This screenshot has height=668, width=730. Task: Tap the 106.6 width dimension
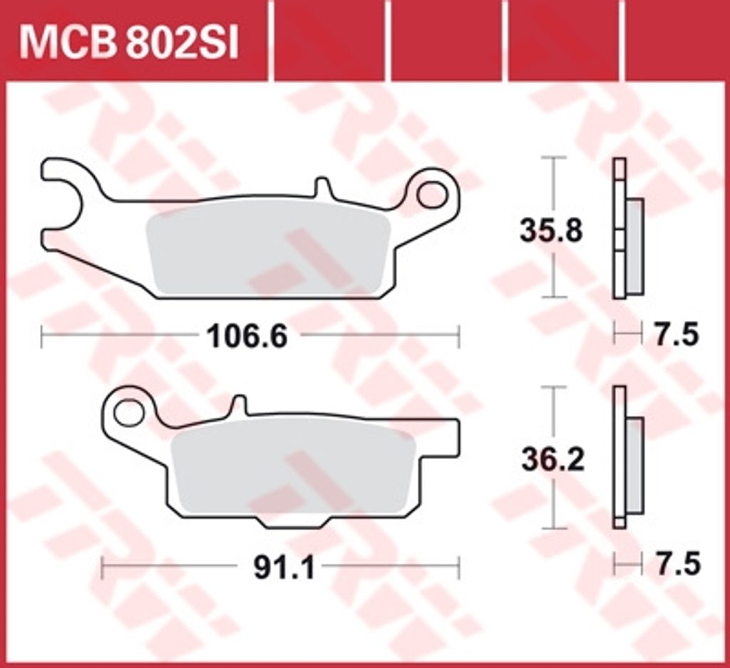247,336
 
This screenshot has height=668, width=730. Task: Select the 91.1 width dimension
284,567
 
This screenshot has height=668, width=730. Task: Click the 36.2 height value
552,461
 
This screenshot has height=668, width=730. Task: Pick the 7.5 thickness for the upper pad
677,334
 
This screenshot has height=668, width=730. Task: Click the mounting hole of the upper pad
431,195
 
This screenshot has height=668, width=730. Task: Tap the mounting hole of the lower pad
128,413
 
